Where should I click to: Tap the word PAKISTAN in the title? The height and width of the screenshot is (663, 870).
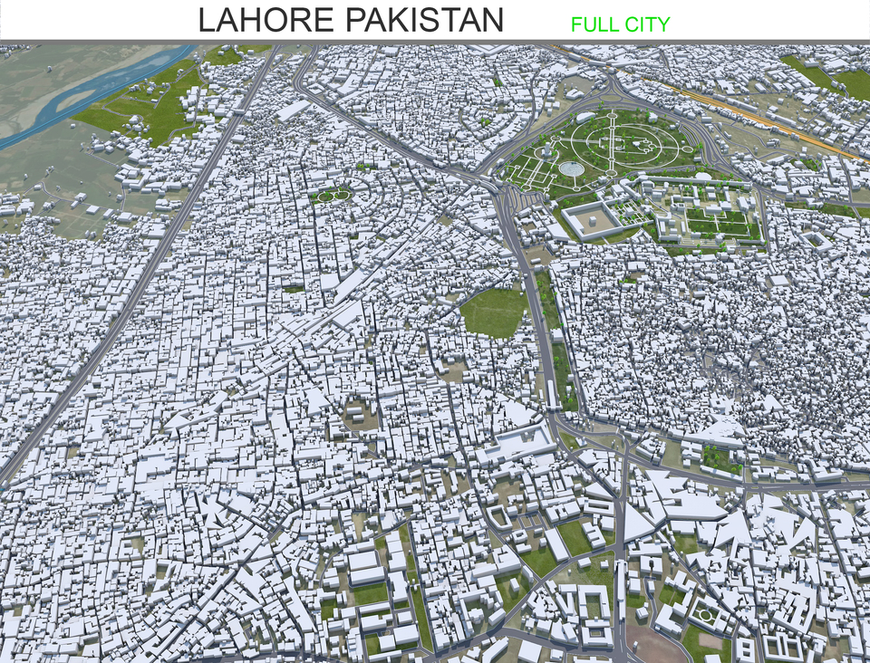427,20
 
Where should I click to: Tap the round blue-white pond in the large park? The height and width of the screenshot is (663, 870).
571,168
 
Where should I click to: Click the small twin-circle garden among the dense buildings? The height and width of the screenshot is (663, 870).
333,194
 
